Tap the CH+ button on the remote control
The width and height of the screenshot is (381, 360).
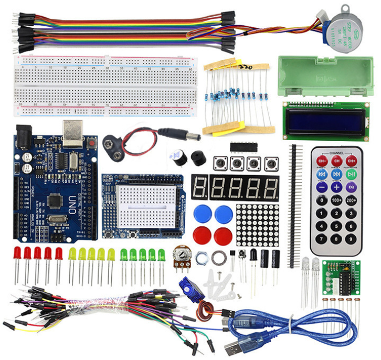coord(351,160)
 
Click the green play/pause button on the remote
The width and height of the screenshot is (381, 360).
coord(351,173)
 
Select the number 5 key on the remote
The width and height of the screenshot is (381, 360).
coord(336,214)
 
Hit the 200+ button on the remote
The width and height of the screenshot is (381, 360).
coord(351,200)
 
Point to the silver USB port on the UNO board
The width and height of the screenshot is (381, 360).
coord(72,131)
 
